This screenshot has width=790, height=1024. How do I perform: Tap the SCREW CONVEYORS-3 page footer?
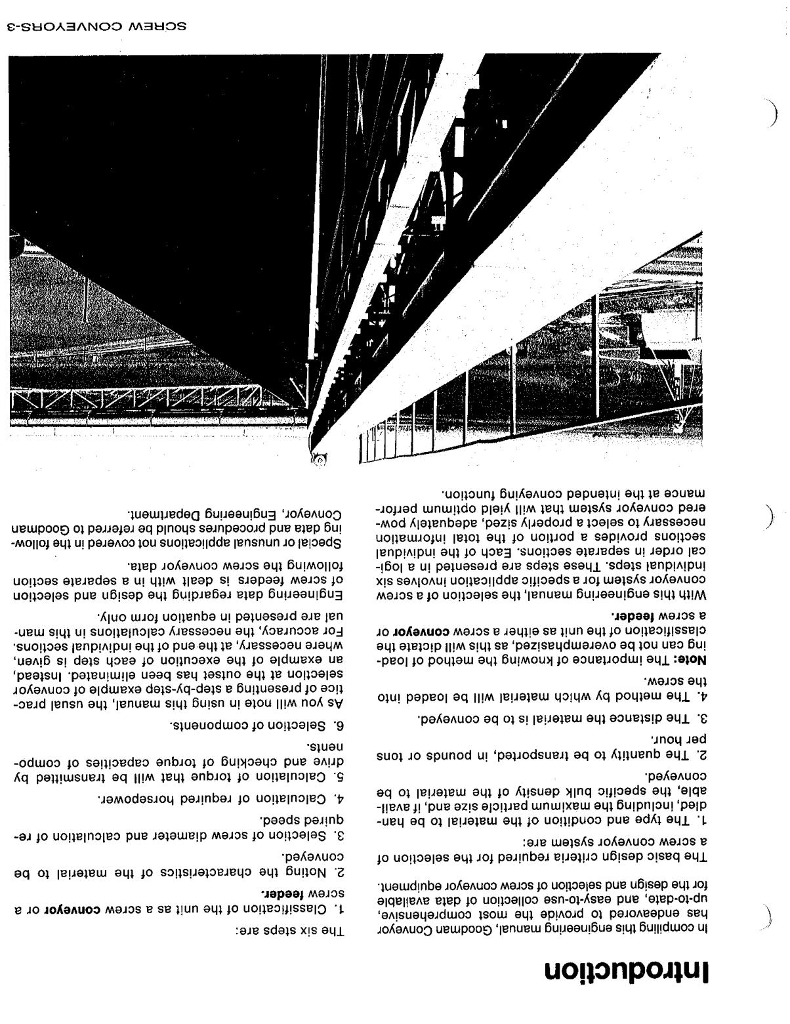(x=96, y=27)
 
